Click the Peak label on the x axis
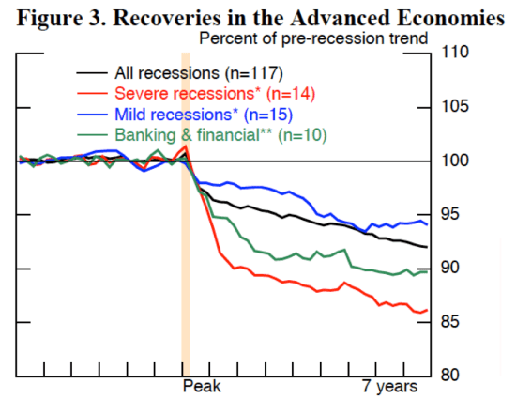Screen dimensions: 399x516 click(202, 387)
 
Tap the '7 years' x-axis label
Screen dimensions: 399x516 click(390, 387)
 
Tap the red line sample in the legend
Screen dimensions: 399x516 click(91, 93)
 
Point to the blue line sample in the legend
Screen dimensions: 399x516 click(91, 115)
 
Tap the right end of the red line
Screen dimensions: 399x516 click(428, 310)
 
